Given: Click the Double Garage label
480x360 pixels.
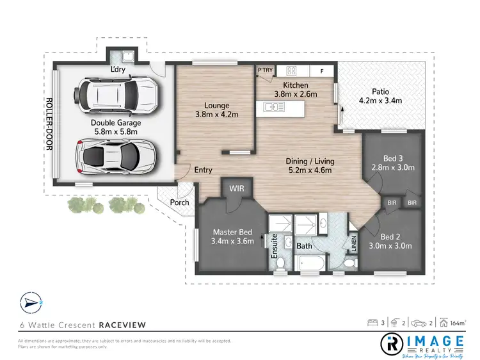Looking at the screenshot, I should point(115,127).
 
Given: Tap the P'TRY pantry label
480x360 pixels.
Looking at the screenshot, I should point(265,70).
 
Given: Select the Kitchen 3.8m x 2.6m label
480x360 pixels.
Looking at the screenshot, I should point(295,90).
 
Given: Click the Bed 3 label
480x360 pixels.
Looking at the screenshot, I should point(394,163).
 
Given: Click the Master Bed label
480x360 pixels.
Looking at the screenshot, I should point(233,236).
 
